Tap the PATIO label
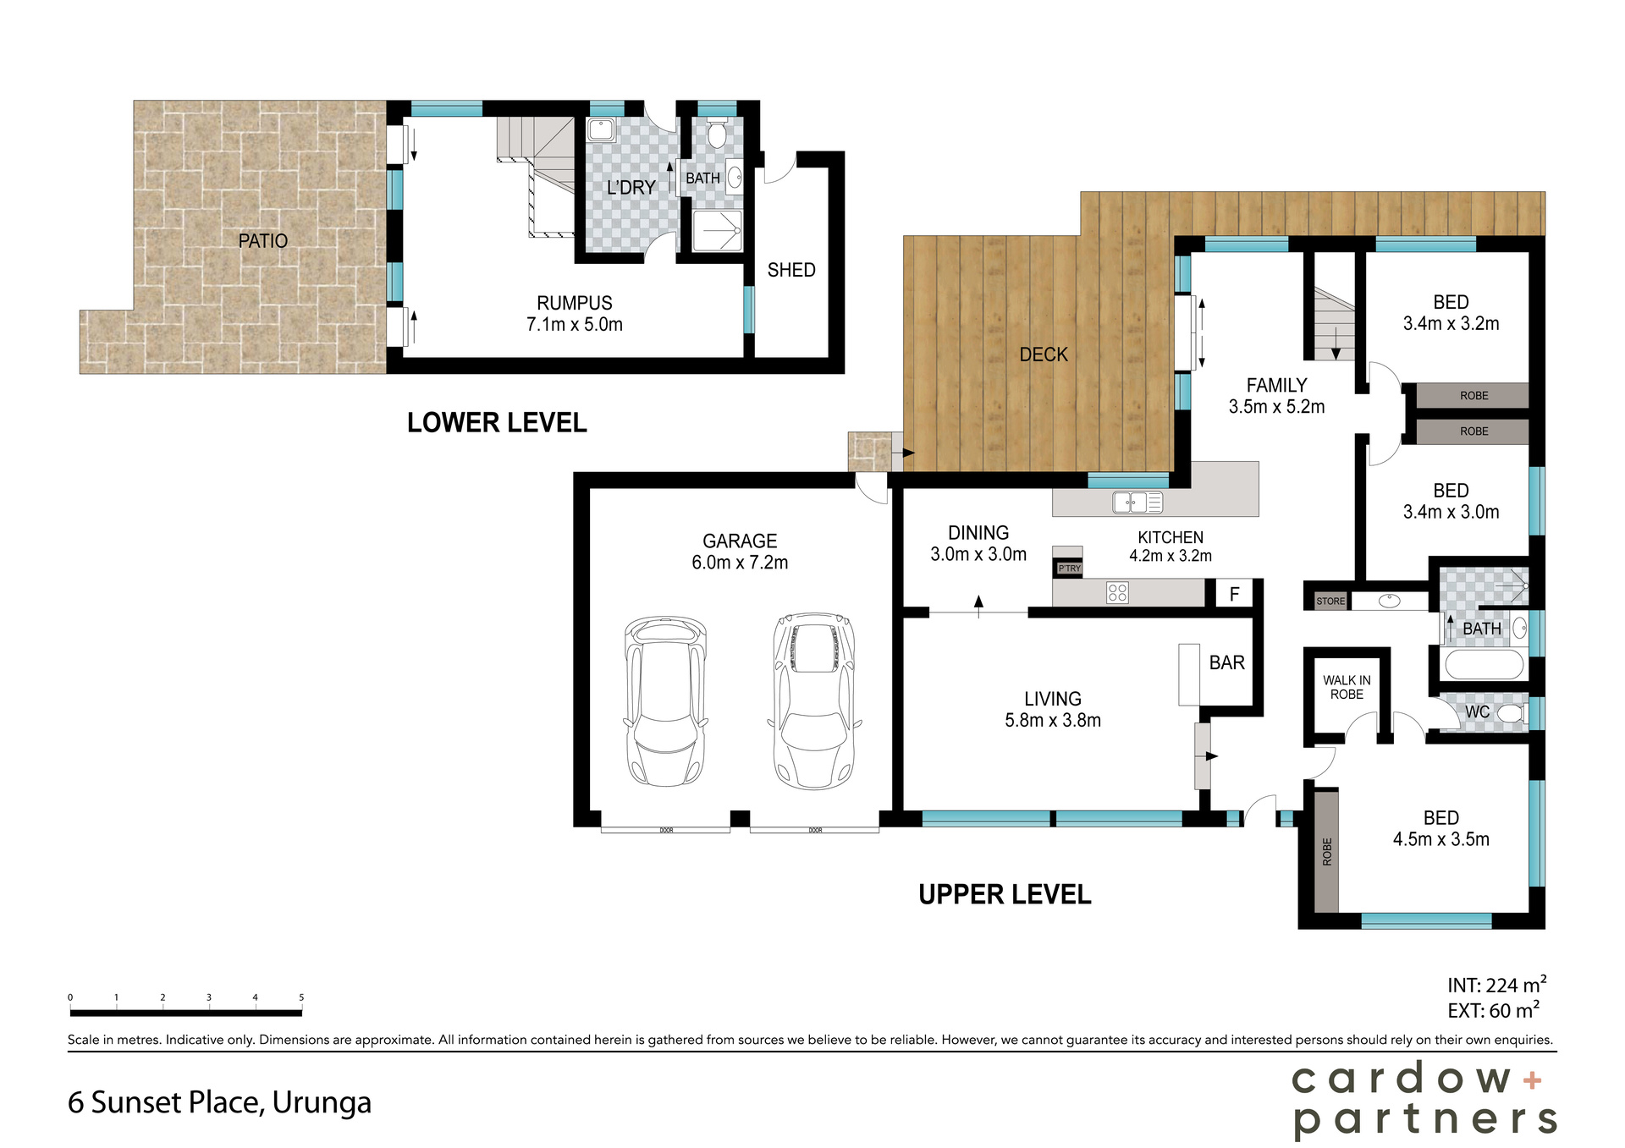(262, 241)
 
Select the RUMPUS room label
(574, 303)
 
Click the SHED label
(790, 270)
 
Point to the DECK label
(1043, 354)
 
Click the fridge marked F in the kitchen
(1234, 594)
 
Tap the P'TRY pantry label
(1069, 569)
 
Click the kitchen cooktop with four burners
(1117, 592)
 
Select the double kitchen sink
(1137, 503)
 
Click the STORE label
(1330, 601)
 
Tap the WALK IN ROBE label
(1347, 687)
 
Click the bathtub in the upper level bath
(1484, 664)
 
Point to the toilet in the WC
(1509, 713)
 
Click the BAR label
(1226, 662)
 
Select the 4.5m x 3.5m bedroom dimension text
(1440, 839)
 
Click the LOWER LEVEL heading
(497, 423)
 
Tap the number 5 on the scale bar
(301, 997)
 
